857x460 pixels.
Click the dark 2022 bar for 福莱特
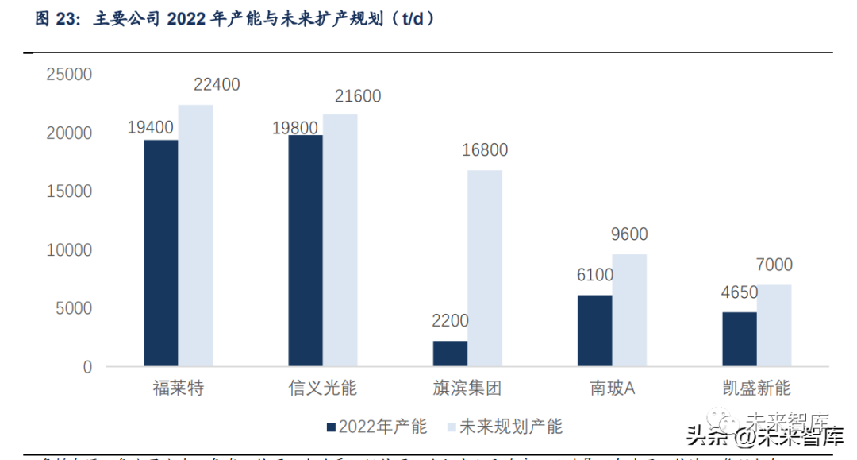(x=161, y=253)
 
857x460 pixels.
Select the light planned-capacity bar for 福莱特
(x=195, y=236)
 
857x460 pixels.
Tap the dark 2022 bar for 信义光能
(x=306, y=251)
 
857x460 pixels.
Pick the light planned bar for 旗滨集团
(x=485, y=269)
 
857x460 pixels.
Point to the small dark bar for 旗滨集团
(x=450, y=354)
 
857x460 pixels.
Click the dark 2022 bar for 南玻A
(x=595, y=331)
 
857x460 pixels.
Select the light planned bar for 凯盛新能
(x=774, y=326)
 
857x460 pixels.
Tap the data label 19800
(x=294, y=127)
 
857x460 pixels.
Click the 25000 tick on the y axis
(x=70, y=75)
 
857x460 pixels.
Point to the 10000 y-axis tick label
(x=70, y=250)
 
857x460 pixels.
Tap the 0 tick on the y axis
(x=87, y=368)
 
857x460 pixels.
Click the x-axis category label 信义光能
(x=323, y=388)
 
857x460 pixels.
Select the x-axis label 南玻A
(x=613, y=388)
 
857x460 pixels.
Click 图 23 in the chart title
(x=53, y=20)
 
